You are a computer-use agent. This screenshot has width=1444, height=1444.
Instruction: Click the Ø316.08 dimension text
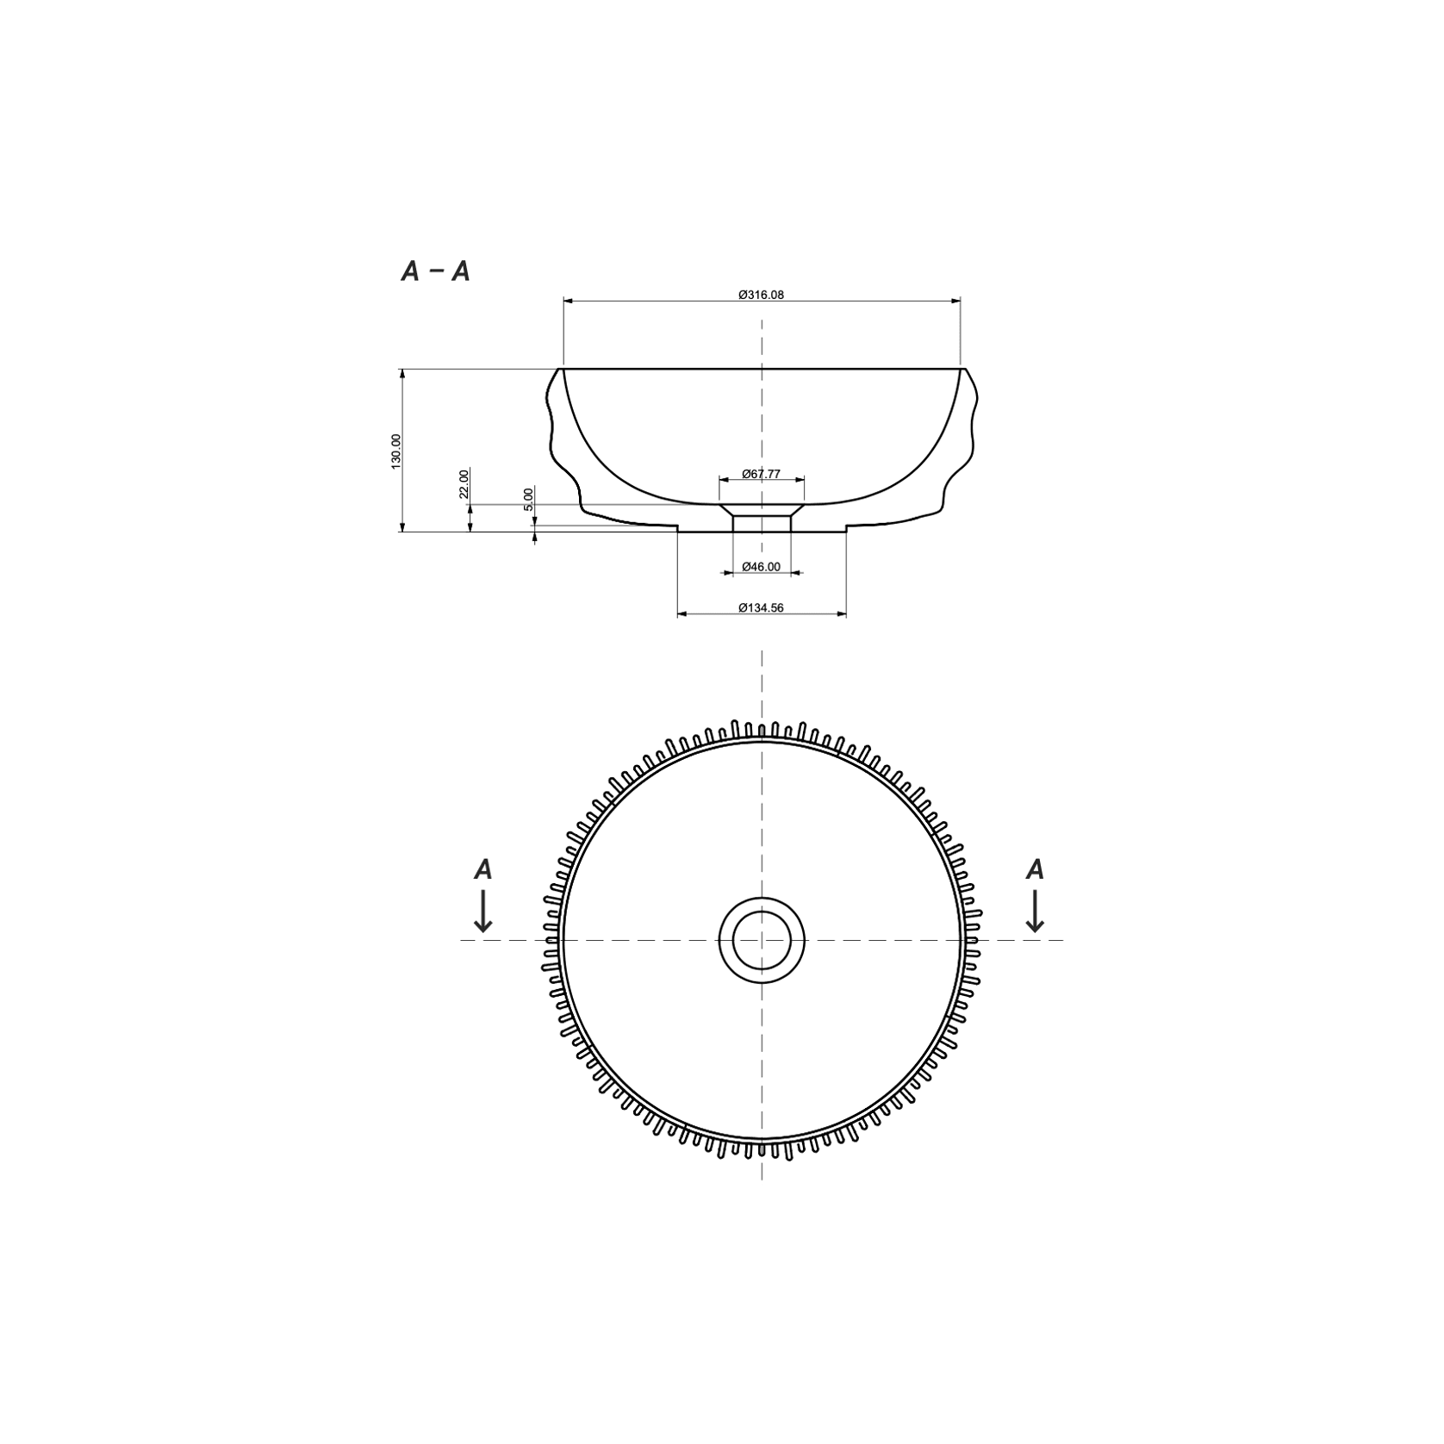click(x=761, y=295)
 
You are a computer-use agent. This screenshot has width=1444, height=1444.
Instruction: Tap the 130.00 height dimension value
click(x=396, y=451)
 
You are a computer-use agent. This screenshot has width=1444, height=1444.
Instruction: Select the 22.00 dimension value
click(x=464, y=483)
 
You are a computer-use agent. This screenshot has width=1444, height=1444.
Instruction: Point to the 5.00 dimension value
click(x=529, y=499)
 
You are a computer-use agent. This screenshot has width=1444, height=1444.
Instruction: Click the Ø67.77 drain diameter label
click(x=761, y=474)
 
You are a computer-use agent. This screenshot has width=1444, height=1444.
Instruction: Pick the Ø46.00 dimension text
click(x=761, y=567)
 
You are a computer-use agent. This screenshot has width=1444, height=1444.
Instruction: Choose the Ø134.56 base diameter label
click(x=761, y=608)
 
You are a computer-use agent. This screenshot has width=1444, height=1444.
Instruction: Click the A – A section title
click(x=436, y=271)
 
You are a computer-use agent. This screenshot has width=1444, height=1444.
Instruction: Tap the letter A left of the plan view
click(x=483, y=870)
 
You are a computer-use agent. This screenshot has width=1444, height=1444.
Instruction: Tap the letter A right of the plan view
click(x=1035, y=870)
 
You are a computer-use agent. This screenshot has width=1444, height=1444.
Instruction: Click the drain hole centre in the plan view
click(x=762, y=940)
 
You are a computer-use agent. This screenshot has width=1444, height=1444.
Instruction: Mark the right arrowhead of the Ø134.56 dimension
click(x=841, y=614)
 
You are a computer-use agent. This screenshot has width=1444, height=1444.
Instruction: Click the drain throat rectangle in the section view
click(x=762, y=524)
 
